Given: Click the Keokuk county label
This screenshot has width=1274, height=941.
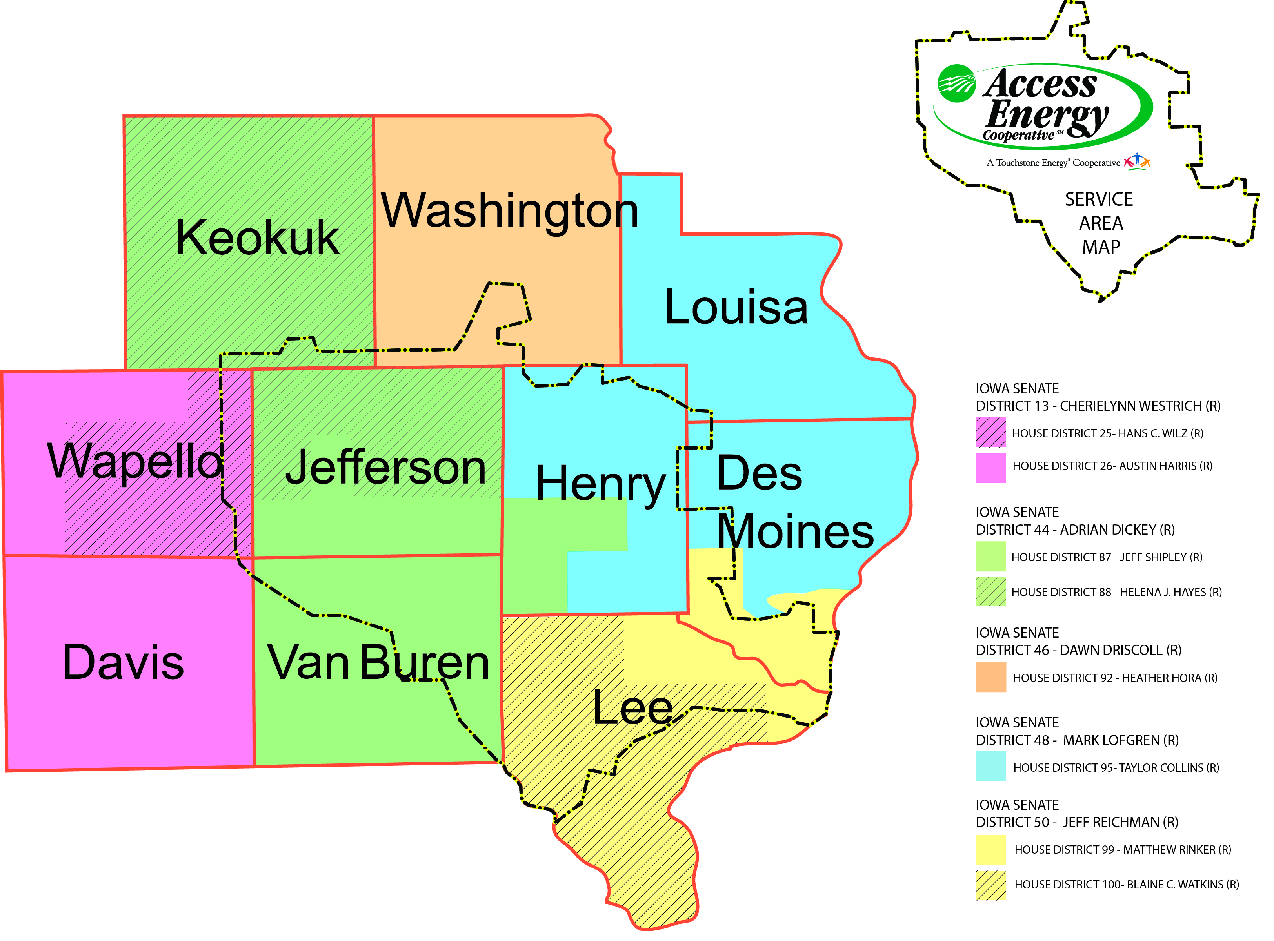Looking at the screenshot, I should (258, 238).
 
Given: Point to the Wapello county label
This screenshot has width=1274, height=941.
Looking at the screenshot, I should (136, 461).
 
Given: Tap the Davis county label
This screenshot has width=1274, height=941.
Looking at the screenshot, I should (123, 662).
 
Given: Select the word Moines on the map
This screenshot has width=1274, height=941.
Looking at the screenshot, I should (795, 531).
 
